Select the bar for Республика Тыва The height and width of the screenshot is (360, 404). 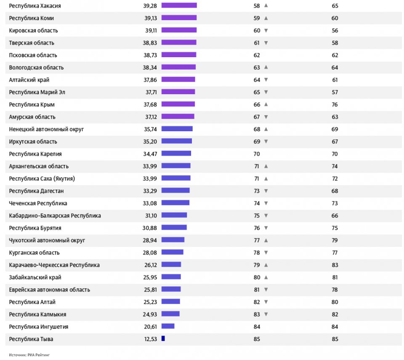pyautogui.click(x=163, y=339)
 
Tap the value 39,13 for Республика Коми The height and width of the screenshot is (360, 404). pyautogui.click(x=150, y=18)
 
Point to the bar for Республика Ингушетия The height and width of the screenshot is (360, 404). pyautogui.click(x=167, y=326)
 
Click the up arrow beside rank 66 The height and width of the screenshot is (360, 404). pyautogui.click(x=266, y=104)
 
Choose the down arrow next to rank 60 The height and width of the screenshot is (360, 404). pyautogui.click(x=266, y=30)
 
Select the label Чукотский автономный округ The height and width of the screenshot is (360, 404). pyautogui.click(x=47, y=240)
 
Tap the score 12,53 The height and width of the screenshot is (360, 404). pyautogui.click(x=150, y=339)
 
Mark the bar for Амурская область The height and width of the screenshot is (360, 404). pyautogui.click(x=178, y=116)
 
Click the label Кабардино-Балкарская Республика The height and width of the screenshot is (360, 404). pyautogui.click(x=55, y=216)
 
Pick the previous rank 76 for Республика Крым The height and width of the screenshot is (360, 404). pyautogui.click(x=335, y=104)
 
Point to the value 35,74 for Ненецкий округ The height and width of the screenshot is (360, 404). pyautogui.click(x=150, y=129)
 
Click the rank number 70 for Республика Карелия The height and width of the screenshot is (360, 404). pyautogui.click(x=256, y=154)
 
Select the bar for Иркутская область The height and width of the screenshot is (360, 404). pyautogui.click(x=176, y=141)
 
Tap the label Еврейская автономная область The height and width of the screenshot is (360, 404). pyautogui.click(x=49, y=290)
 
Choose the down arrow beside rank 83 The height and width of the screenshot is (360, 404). pyautogui.click(x=266, y=314)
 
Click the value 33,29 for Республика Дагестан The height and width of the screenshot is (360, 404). pyautogui.click(x=150, y=191)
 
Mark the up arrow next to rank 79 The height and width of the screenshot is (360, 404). pyautogui.click(x=266, y=265)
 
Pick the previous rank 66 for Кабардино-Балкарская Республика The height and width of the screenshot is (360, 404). pyautogui.click(x=335, y=216)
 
